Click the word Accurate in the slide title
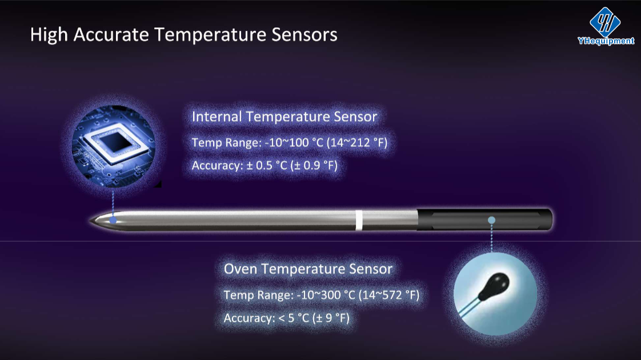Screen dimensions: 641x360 pyautogui.click(x=111, y=34)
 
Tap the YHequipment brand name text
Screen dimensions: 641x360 pyautogui.click(x=606, y=41)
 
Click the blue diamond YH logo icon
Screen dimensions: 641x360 pyautogui.click(x=605, y=22)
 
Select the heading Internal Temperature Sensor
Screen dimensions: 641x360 pyautogui.click(x=285, y=117)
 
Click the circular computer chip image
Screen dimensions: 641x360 pyautogui.click(x=114, y=146)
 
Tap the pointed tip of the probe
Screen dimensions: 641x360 pyautogui.click(x=90, y=221)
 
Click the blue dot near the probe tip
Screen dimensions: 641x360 pyautogui.click(x=113, y=220)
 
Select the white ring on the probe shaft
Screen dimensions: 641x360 pyautogui.click(x=359, y=220)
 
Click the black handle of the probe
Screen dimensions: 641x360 pyautogui.click(x=485, y=219)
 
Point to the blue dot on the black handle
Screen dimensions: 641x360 pyautogui.click(x=491, y=220)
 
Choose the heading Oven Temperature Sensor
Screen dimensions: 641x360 pyautogui.click(x=309, y=269)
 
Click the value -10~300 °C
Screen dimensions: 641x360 pyautogui.click(x=326, y=295)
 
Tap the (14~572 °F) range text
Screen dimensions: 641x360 pyautogui.click(x=389, y=295)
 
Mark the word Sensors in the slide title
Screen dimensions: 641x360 pyautogui.click(x=305, y=34)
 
